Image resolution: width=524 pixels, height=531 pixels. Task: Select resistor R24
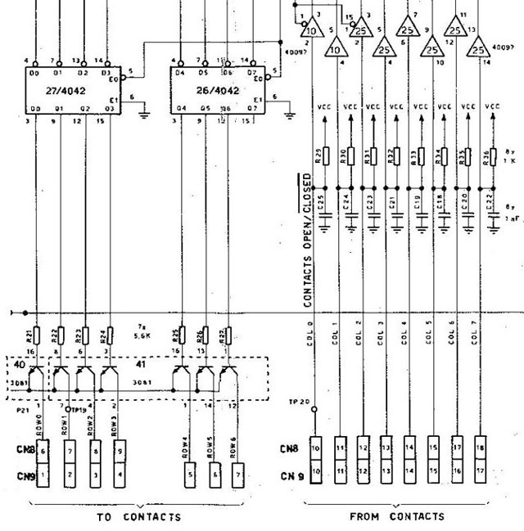110,337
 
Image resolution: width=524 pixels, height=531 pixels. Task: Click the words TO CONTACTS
138,516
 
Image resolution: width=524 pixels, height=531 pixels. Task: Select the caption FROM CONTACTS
397,515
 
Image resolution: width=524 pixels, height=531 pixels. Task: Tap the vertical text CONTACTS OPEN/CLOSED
308,240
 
